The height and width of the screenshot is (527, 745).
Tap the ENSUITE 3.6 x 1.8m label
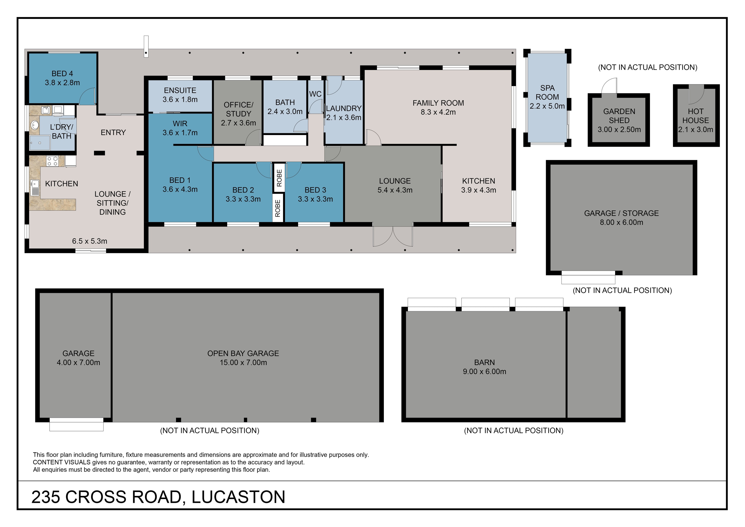pos(180,95)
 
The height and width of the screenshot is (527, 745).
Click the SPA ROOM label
pos(547,92)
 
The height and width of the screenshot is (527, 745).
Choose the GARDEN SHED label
pos(619,116)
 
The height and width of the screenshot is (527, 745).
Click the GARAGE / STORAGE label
pos(621,213)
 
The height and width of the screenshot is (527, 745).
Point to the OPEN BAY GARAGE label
pos(243,353)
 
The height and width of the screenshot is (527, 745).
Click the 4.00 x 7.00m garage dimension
pos(79,363)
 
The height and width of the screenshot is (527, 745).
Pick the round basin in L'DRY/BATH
pos(34,125)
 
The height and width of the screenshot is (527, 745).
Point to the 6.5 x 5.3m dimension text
pos(90,241)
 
